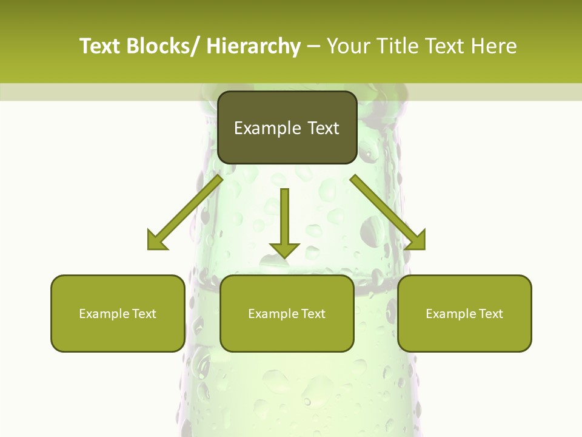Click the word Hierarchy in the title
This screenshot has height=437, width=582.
tap(253, 46)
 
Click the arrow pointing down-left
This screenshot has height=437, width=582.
tap(185, 212)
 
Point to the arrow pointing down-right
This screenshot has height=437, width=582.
tap(388, 212)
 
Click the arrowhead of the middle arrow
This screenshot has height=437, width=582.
tap(284, 250)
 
